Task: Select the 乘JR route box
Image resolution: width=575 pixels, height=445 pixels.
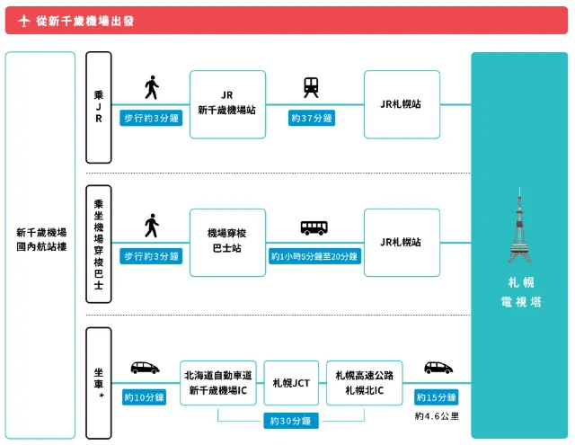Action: pos(99,107)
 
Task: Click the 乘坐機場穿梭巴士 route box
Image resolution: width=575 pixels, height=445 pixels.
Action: pos(99,243)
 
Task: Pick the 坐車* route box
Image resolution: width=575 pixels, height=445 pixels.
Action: pos(99,382)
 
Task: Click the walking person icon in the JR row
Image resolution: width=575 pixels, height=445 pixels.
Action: pos(151,88)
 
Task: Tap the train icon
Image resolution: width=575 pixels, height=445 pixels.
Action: pos(311,87)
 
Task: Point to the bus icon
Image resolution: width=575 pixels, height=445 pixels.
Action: pos(314,227)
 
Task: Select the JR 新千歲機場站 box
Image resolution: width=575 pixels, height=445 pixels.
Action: pos(227,104)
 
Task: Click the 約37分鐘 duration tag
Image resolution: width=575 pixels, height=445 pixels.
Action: pos(312,118)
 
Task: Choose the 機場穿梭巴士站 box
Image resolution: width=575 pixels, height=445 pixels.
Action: pos(227,243)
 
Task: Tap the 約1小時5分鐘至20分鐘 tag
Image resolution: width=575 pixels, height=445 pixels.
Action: pos(314,256)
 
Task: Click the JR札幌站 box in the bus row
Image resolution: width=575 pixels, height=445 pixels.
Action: pos(402,243)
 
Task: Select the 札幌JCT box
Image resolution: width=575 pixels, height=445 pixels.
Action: pos(291,382)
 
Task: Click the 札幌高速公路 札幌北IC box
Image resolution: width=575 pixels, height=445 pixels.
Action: pos(365,382)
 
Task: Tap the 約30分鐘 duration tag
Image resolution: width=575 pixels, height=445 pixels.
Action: pos(291,421)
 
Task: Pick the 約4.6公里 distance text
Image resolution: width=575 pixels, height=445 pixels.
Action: pos(437,416)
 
